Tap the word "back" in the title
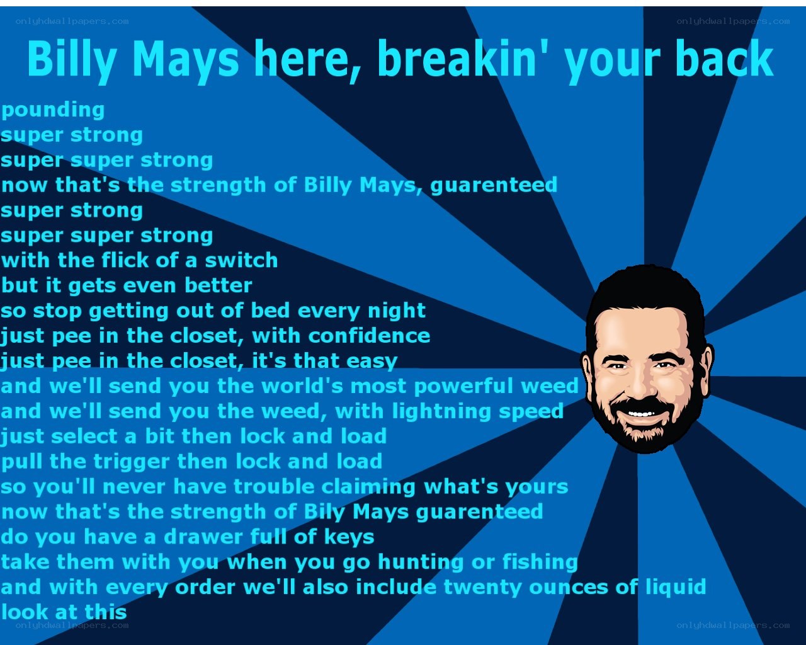tap(725, 59)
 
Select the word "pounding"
tap(53, 111)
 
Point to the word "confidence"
tap(369, 336)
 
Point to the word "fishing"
tap(540, 563)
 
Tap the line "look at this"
tap(64, 613)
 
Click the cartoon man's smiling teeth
tap(641, 414)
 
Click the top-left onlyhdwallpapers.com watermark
tap(72, 21)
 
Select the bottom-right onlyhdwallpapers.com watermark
tap(733, 625)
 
